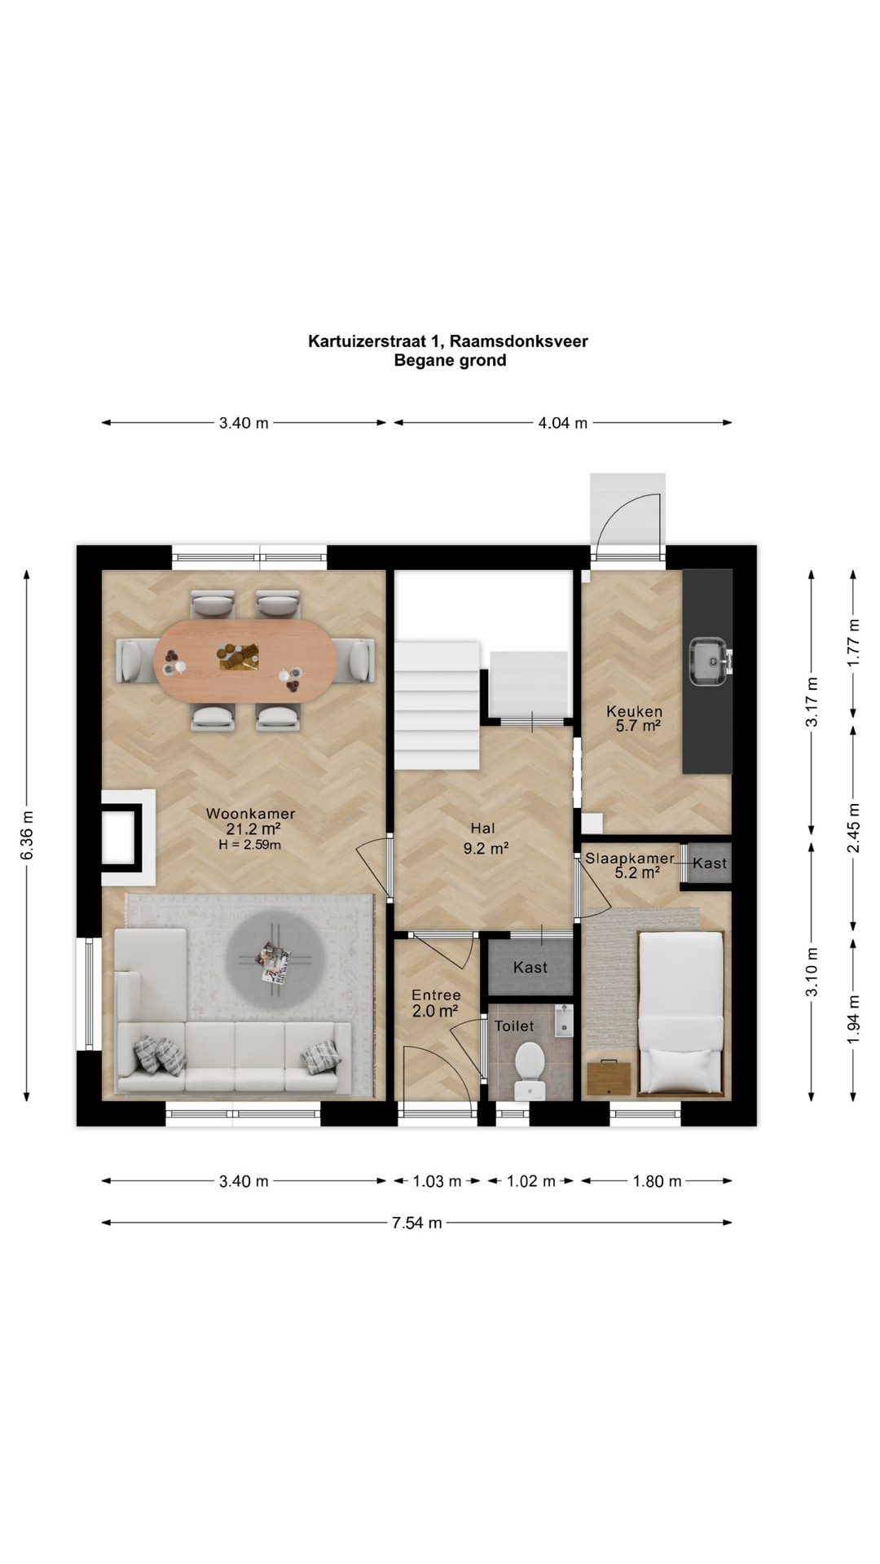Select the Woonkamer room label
pos(250,814)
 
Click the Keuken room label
pos(634,711)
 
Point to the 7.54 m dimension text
pos(417,1223)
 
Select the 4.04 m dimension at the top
pos(562,423)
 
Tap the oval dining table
pos(244,661)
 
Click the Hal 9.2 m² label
pos(486,839)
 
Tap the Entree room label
pos(436,995)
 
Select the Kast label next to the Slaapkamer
pos(710,863)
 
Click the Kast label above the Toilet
pos(530,967)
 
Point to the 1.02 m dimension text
pos(530,1181)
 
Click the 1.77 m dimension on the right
pos(853,643)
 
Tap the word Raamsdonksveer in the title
pos(518,341)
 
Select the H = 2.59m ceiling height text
pos(249,845)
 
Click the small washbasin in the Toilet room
pos(564,1021)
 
